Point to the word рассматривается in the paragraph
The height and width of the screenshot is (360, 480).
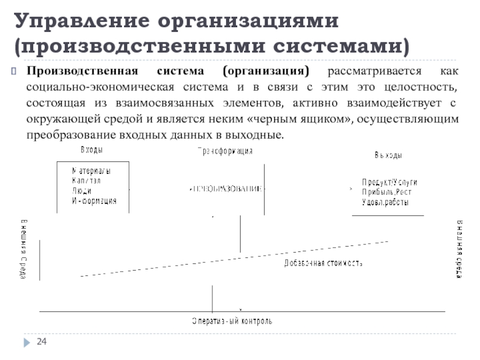pos(373,71)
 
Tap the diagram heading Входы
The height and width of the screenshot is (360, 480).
pos(91,149)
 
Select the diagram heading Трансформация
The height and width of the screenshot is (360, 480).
pos(226,152)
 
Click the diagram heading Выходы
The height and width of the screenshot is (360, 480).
pos(389,155)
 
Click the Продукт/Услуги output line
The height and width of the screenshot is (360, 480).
pos(389,182)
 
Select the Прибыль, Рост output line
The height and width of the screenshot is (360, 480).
pos(386,192)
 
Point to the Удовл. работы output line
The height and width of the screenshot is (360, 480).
pos(385,202)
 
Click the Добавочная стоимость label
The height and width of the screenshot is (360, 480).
pos(323,263)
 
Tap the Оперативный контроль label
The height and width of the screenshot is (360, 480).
pos(232,321)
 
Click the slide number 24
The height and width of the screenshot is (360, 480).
pos(42,342)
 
